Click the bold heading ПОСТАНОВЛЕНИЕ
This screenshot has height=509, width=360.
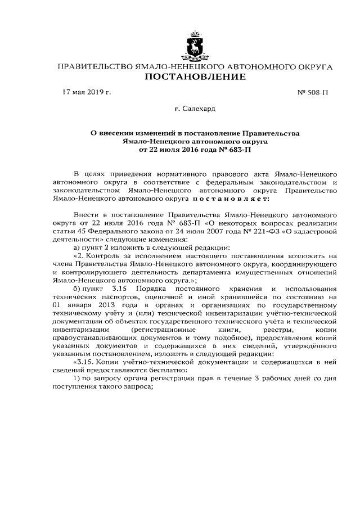tap(195, 76)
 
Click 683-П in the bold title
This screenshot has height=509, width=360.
tap(240, 150)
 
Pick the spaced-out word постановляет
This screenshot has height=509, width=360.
tap(233, 198)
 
